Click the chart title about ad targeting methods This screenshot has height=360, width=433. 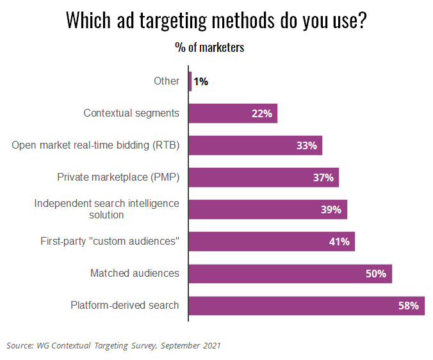(x=216, y=20)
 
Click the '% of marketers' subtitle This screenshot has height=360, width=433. (x=209, y=47)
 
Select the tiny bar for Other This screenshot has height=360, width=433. (x=190, y=81)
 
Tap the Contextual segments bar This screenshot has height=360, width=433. (x=233, y=113)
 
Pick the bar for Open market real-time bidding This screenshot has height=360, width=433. (x=255, y=145)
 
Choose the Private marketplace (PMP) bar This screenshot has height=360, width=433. (x=263, y=177)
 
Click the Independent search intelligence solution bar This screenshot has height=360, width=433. (x=268, y=209)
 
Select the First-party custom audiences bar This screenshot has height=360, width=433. (x=272, y=241)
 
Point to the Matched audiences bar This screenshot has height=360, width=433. (x=290, y=274)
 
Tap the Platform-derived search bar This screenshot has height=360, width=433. (x=306, y=306)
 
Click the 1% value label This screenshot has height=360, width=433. (x=200, y=81)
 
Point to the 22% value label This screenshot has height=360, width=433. (x=262, y=113)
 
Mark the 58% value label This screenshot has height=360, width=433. (x=408, y=306)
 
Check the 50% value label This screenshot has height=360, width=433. (x=375, y=274)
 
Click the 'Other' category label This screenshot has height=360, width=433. (x=167, y=81)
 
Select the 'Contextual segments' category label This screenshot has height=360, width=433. (x=131, y=113)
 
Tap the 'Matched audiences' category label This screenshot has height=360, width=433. (x=135, y=274)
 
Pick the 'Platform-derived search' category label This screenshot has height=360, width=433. (x=125, y=305)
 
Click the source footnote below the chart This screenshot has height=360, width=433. (x=113, y=345)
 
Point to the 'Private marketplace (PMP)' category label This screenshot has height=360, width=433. (x=118, y=177)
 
